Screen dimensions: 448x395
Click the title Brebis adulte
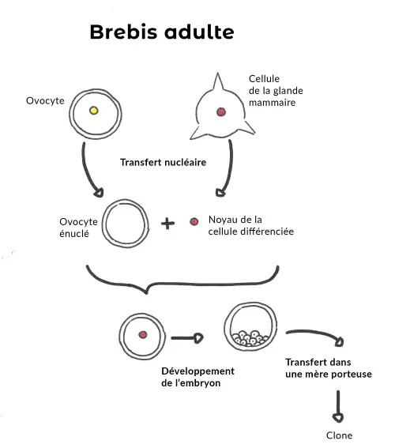(x=161, y=32)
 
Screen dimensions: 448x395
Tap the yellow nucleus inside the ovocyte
(x=93, y=111)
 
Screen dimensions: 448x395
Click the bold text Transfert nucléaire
(x=163, y=162)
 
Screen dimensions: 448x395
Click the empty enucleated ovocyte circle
(x=124, y=224)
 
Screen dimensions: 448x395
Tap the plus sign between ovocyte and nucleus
(x=167, y=224)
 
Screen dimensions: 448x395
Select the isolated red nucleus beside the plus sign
(x=194, y=223)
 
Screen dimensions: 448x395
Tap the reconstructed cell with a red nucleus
(x=143, y=334)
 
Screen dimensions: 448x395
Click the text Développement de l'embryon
(x=197, y=377)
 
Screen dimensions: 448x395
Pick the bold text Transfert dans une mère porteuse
(x=328, y=368)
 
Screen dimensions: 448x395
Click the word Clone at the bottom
(x=339, y=435)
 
